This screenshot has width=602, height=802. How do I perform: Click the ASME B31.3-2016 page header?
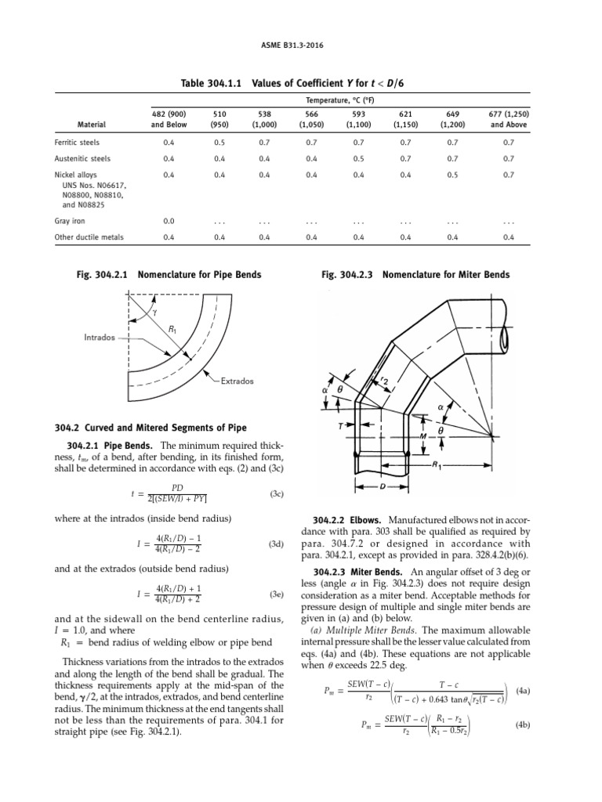[300, 45]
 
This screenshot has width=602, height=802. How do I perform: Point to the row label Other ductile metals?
[89, 237]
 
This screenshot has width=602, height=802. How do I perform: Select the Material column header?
[92, 124]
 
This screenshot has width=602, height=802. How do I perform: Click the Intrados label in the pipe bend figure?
[100, 338]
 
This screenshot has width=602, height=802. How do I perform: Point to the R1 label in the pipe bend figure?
[172, 330]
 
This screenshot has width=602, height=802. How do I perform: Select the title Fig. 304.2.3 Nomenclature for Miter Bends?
[415, 275]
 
